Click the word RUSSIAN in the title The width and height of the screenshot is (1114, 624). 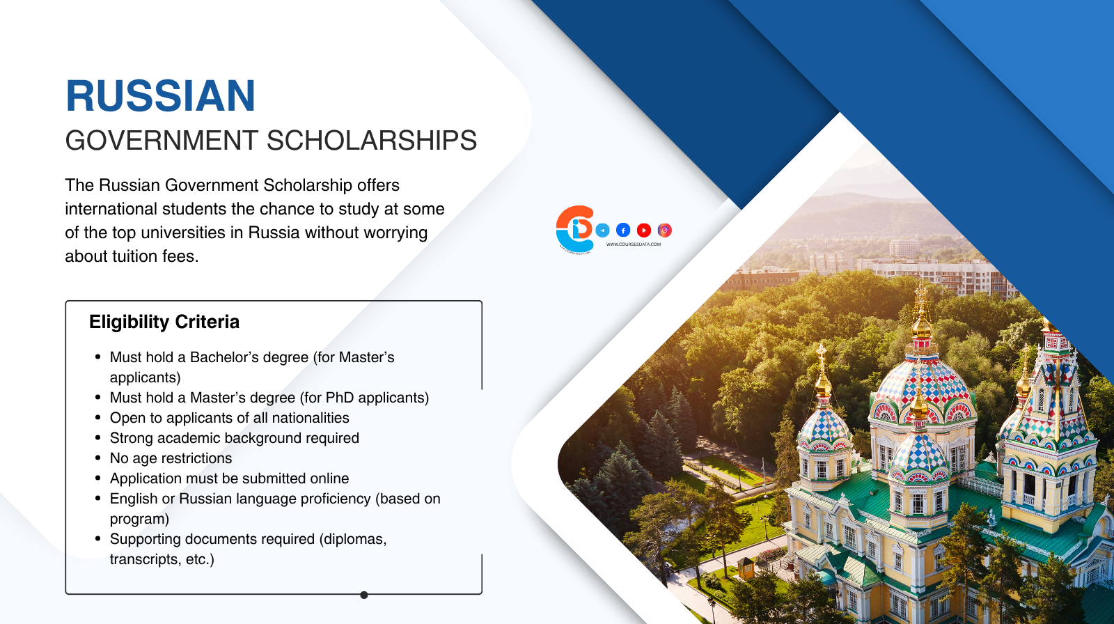161,96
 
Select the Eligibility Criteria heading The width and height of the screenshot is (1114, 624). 164,322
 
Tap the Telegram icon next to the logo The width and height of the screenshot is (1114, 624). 603,231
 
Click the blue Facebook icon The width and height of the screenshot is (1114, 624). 623,230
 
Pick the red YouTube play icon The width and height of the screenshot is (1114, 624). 644,230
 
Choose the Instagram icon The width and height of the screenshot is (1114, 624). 665,230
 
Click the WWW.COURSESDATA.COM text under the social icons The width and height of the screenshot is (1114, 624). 634,244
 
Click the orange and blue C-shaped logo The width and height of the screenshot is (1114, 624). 575,228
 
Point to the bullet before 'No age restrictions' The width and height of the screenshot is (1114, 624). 98,458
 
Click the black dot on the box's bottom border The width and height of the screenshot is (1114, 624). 364,595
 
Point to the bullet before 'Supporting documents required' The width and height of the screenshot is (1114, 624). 98,539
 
